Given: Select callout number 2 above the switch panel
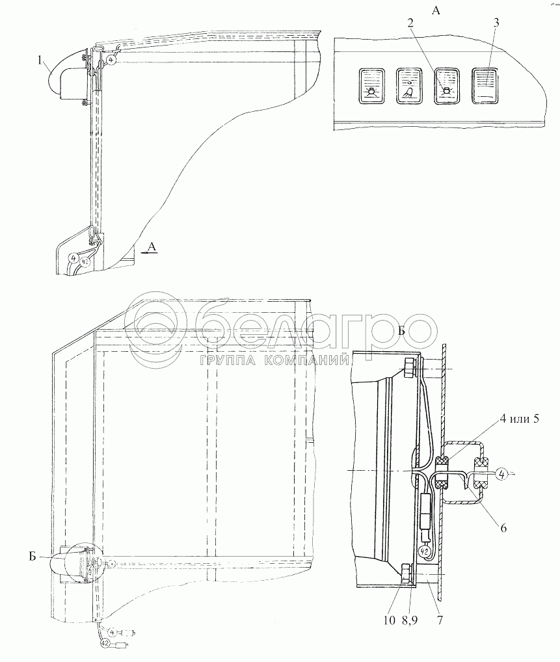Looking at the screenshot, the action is click(x=410, y=23).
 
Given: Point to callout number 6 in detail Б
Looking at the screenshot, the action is click(x=503, y=527).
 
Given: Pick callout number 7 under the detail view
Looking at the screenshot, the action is click(x=440, y=620).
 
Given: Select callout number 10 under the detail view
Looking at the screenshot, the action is click(x=390, y=620).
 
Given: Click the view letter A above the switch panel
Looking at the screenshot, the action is click(x=436, y=10).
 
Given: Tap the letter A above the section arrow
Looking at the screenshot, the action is click(x=152, y=247).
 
